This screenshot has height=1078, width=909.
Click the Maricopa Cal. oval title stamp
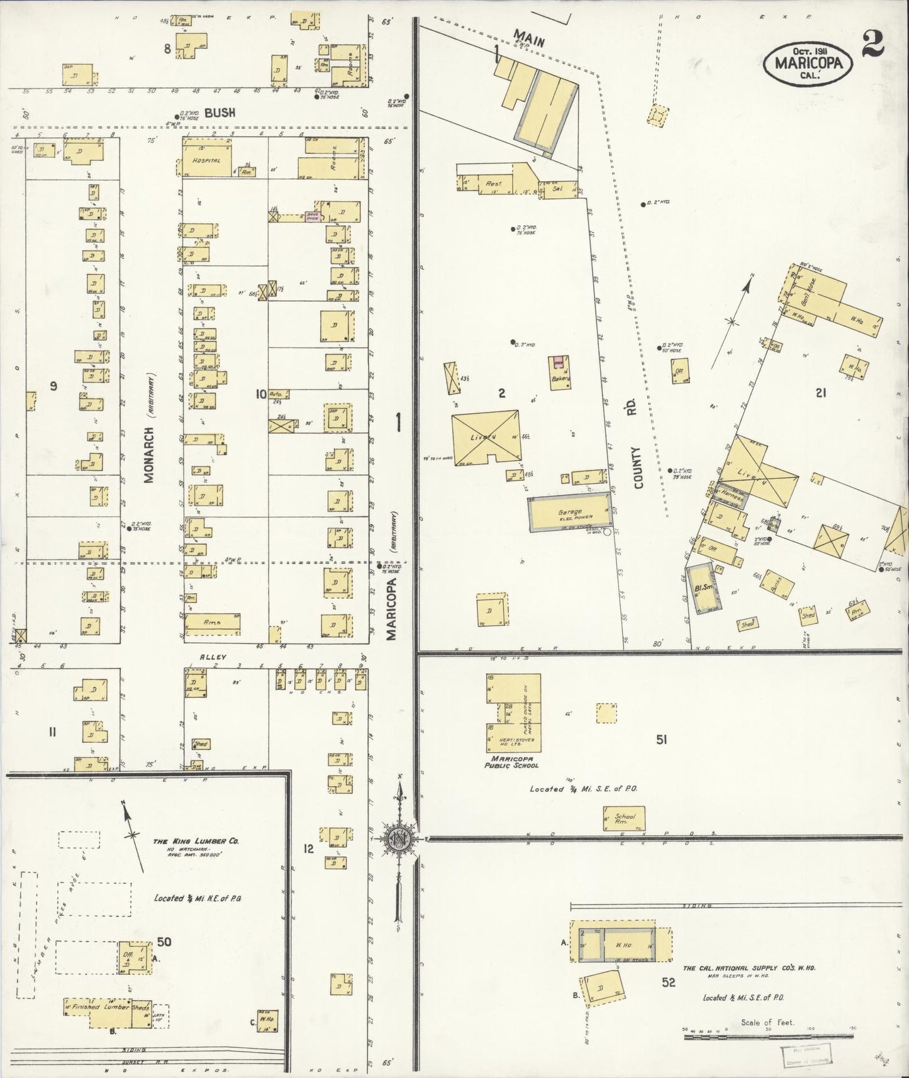point(808,64)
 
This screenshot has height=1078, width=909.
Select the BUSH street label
point(220,113)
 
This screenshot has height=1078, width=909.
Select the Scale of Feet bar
point(767,1032)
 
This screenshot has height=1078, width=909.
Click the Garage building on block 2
point(569,514)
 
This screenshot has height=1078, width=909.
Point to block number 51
point(661,740)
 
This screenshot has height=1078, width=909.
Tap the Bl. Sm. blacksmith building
point(703,588)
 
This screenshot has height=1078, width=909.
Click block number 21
point(820,393)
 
